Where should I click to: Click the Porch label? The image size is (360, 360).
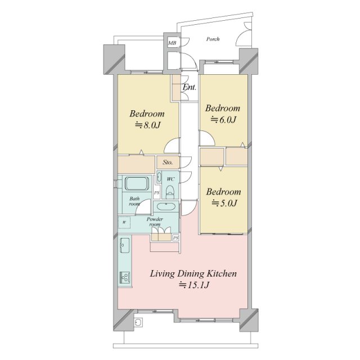pyautogui.click(x=213, y=39)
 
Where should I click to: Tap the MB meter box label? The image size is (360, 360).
pyautogui.click(x=172, y=43)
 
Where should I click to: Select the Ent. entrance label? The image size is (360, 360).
pyautogui.click(x=190, y=87)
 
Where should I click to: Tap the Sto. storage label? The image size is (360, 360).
pyautogui.click(x=168, y=163)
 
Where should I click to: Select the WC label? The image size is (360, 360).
pyautogui.click(x=170, y=179)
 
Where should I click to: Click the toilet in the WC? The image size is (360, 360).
pyautogui.click(x=170, y=192)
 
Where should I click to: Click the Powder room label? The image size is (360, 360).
pyautogui.click(x=155, y=222)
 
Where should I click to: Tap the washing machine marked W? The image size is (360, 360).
pyautogui.click(x=124, y=222)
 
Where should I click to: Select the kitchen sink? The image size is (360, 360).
pyautogui.click(x=125, y=245)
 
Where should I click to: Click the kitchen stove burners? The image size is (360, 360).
pyautogui.click(x=125, y=278)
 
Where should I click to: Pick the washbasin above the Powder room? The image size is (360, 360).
pyautogui.click(x=165, y=206)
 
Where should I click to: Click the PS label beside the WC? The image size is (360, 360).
pyautogui.click(x=156, y=192)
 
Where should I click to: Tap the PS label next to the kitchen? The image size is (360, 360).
pyautogui.click(x=175, y=238)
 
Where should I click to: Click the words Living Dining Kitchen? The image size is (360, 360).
pyautogui.click(x=193, y=274)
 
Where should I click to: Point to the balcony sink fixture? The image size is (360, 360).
pyautogui.click(x=138, y=322)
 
